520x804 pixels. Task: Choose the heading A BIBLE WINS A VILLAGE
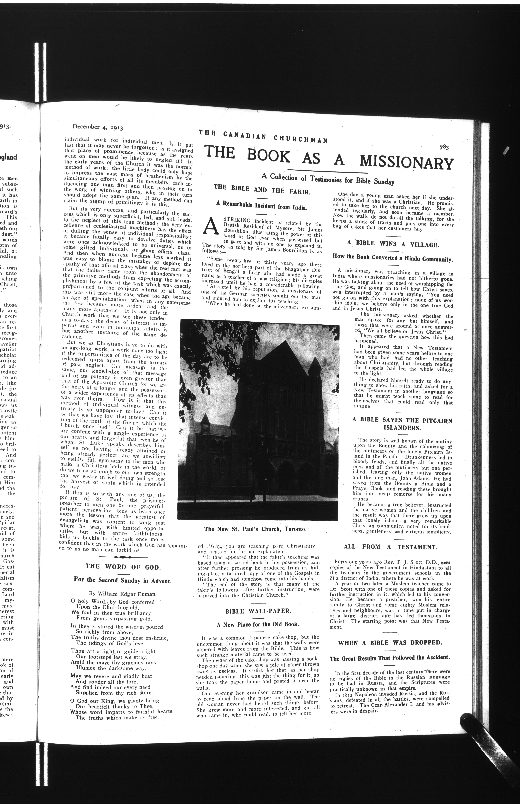point(393,244)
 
